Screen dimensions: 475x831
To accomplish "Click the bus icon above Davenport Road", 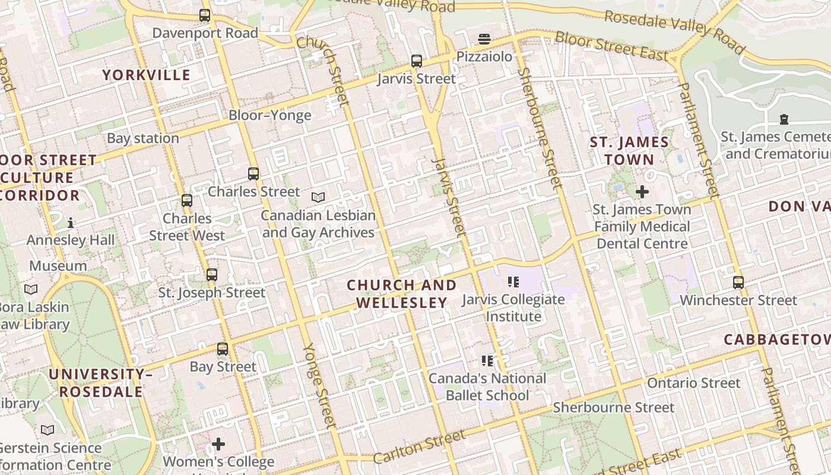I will click(x=205, y=15).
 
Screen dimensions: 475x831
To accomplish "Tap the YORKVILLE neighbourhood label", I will click(x=146, y=75).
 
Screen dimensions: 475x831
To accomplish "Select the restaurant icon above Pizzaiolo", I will click(x=484, y=39).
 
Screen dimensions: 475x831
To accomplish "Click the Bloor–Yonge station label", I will click(x=270, y=115).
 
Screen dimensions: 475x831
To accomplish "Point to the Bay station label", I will click(x=143, y=138).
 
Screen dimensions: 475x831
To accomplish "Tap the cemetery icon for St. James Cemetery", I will click(x=784, y=119).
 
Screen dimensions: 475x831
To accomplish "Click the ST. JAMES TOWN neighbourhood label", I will click(x=629, y=151).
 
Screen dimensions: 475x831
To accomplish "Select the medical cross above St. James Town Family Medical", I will click(x=642, y=192).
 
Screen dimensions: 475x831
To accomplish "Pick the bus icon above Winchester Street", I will click(x=738, y=283).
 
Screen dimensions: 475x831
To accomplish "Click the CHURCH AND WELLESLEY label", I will click(x=402, y=294).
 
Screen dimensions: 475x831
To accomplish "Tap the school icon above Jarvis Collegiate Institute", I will click(x=513, y=282).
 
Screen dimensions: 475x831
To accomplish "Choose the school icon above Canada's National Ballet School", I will click(x=487, y=361).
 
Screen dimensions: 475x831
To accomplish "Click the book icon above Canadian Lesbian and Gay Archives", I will click(x=318, y=197).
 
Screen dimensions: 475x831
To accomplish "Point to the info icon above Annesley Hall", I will click(x=71, y=223).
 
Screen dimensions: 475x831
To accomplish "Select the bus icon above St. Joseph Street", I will click(x=212, y=275).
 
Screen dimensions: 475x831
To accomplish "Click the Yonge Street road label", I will click(x=320, y=385).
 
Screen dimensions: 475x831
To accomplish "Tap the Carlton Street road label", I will click(x=420, y=447).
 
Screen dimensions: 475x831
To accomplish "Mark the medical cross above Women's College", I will click(x=218, y=444).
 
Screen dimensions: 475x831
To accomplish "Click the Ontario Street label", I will click(x=693, y=383).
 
